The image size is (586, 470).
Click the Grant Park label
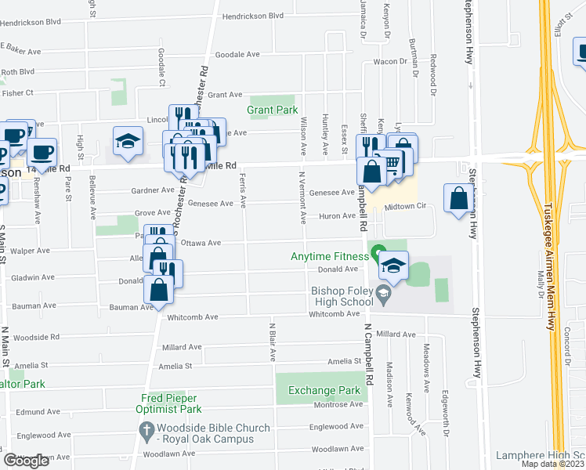(273, 110)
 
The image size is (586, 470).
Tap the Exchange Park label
(324, 390)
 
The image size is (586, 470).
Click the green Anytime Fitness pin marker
(378, 255)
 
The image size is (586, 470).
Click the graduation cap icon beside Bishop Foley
(394, 265)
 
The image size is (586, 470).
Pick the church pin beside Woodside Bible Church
(146, 429)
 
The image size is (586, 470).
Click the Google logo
(26, 461)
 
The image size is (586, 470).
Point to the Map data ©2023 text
(552, 464)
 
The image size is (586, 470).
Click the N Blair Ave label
(273, 340)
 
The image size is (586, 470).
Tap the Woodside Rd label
(38, 337)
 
